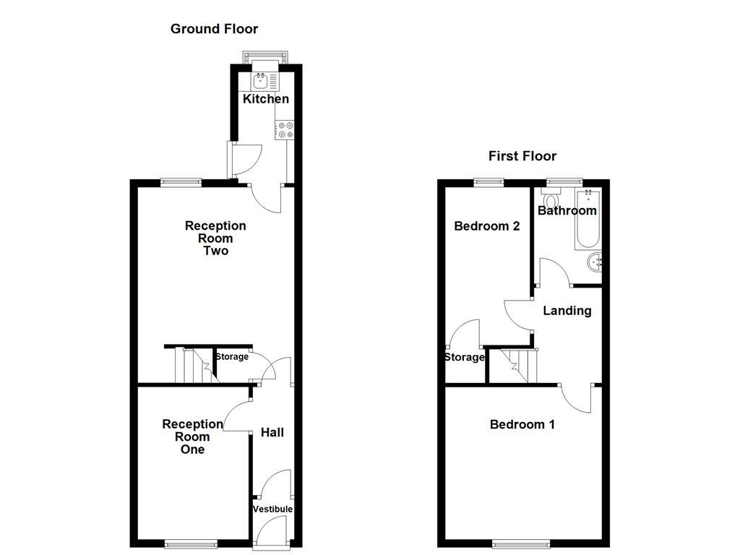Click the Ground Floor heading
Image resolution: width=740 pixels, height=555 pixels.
pyautogui.click(x=214, y=29)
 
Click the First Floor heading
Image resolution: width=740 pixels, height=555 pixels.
pyautogui.click(x=522, y=156)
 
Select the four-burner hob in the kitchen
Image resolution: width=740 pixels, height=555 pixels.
pyautogui.click(x=285, y=130)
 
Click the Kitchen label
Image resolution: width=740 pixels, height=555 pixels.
pyautogui.click(x=266, y=98)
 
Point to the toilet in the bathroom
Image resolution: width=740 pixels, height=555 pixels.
pyautogui.click(x=550, y=197)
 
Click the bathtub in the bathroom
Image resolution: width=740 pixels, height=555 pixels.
pyautogui.click(x=588, y=219)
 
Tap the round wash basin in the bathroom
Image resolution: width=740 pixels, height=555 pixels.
pyautogui.click(x=595, y=262)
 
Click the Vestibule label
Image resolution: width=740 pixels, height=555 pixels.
pyautogui.click(x=272, y=509)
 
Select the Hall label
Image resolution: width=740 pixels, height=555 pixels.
pyautogui.click(x=272, y=432)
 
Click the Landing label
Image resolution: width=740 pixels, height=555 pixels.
pyautogui.click(x=567, y=311)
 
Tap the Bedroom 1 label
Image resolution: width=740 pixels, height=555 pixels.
pyautogui.click(x=522, y=424)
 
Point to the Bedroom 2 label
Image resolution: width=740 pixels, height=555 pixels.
pyautogui.click(x=487, y=226)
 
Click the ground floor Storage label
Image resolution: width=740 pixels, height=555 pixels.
pyautogui.click(x=232, y=357)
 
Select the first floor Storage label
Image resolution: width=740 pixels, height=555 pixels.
pyautogui.click(x=465, y=357)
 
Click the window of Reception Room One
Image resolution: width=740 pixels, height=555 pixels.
pyautogui.click(x=192, y=544)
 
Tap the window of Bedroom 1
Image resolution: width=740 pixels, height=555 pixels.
pyautogui.click(x=521, y=544)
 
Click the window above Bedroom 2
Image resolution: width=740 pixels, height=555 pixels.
pyautogui.click(x=489, y=182)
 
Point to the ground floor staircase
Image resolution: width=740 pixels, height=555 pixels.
pyautogui.click(x=195, y=365)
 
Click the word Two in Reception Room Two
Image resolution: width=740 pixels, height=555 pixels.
pyautogui.click(x=215, y=251)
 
